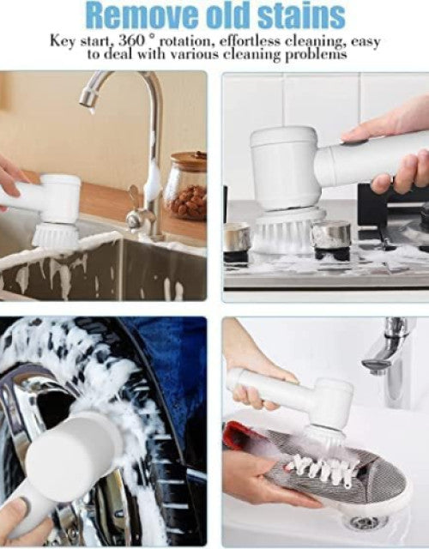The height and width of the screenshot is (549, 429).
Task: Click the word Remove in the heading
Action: (133, 15)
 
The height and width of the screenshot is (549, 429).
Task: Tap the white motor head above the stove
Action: (284, 168)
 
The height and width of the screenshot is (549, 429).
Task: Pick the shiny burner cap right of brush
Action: (331, 234)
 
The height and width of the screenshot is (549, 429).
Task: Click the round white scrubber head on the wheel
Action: (73, 449)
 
